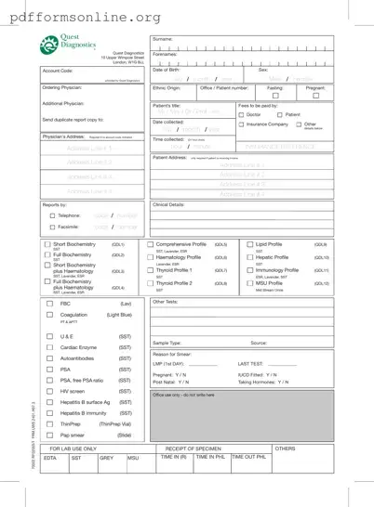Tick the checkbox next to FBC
(50, 304)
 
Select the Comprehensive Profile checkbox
(152, 244)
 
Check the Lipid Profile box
(250, 244)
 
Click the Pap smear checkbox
(50, 434)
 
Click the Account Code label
(58, 71)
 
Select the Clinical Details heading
(169, 203)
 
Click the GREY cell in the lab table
(106, 458)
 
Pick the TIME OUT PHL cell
(249, 458)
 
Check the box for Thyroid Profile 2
(152, 283)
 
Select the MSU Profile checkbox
(250, 283)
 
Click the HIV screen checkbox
(50, 391)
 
